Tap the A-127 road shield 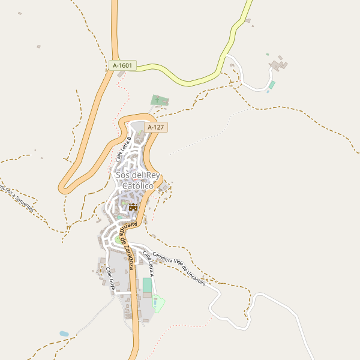coord(155,127)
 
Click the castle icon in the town coord(133,206)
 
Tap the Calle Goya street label coord(110,279)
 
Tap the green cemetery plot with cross coord(159,99)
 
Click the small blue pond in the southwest coord(64,333)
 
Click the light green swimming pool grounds coord(158,304)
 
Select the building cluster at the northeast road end coord(278,64)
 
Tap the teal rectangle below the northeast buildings coord(271,85)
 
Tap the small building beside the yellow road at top coord(247,21)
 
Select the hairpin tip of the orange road coord(62,187)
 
